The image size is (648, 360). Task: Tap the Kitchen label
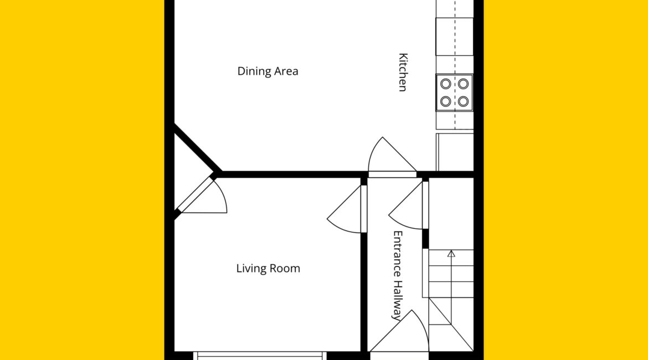[x=403, y=72]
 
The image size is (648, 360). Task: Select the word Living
[x=249, y=269]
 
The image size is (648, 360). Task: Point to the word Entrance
[x=397, y=254]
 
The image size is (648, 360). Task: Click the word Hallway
[x=397, y=300]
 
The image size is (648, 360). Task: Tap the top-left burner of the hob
[x=445, y=84]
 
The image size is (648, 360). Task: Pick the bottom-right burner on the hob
[x=463, y=101]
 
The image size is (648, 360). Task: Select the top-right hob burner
[x=463, y=84]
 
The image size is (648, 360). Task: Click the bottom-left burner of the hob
[x=445, y=101]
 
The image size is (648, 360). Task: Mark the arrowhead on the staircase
[x=451, y=254]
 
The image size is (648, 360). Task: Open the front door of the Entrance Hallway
[x=398, y=331]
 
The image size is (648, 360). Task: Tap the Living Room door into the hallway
[x=344, y=209]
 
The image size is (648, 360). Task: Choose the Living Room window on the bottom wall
[x=260, y=356]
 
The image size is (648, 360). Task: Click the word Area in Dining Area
[x=286, y=71]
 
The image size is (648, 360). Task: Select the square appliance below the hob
[x=455, y=152]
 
